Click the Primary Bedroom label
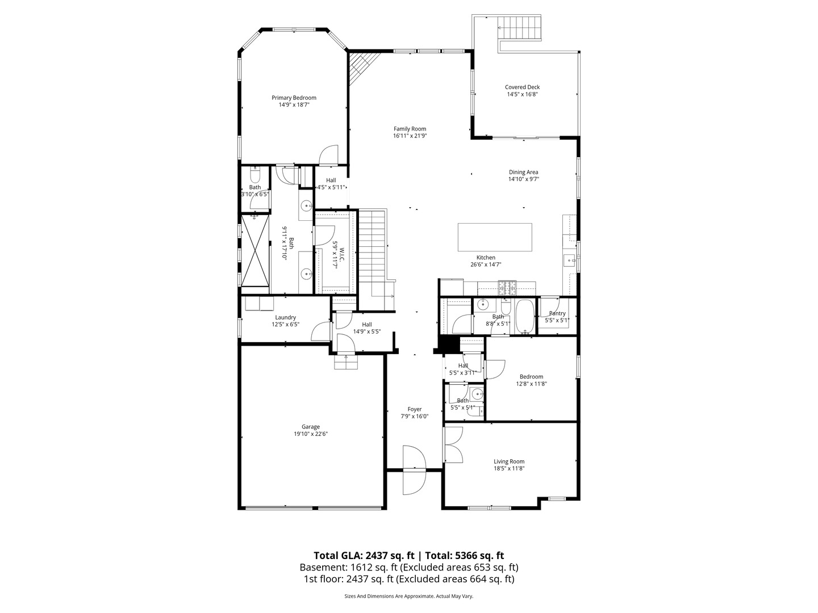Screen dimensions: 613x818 (x=294, y=98)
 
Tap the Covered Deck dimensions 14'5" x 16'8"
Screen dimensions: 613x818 (x=522, y=95)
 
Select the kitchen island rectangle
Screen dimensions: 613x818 (x=495, y=237)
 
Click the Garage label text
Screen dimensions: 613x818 (x=311, y=427)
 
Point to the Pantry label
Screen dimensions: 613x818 (x=557, y=313)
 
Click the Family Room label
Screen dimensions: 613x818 (x=410, y=129)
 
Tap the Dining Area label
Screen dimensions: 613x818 (x=523, y=172)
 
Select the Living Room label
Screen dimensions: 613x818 (x=508, y=461)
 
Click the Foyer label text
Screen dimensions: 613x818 (x=415, y=409)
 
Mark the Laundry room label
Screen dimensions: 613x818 (x=285, y=317)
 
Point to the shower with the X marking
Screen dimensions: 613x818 (x=254, y=251)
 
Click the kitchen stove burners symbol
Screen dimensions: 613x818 (x=507, y=288)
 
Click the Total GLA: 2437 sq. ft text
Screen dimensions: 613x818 (x=365, y=556)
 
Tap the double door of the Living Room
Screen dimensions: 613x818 (x=453, y=444)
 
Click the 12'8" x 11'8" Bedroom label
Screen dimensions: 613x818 (x=531, y=376)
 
